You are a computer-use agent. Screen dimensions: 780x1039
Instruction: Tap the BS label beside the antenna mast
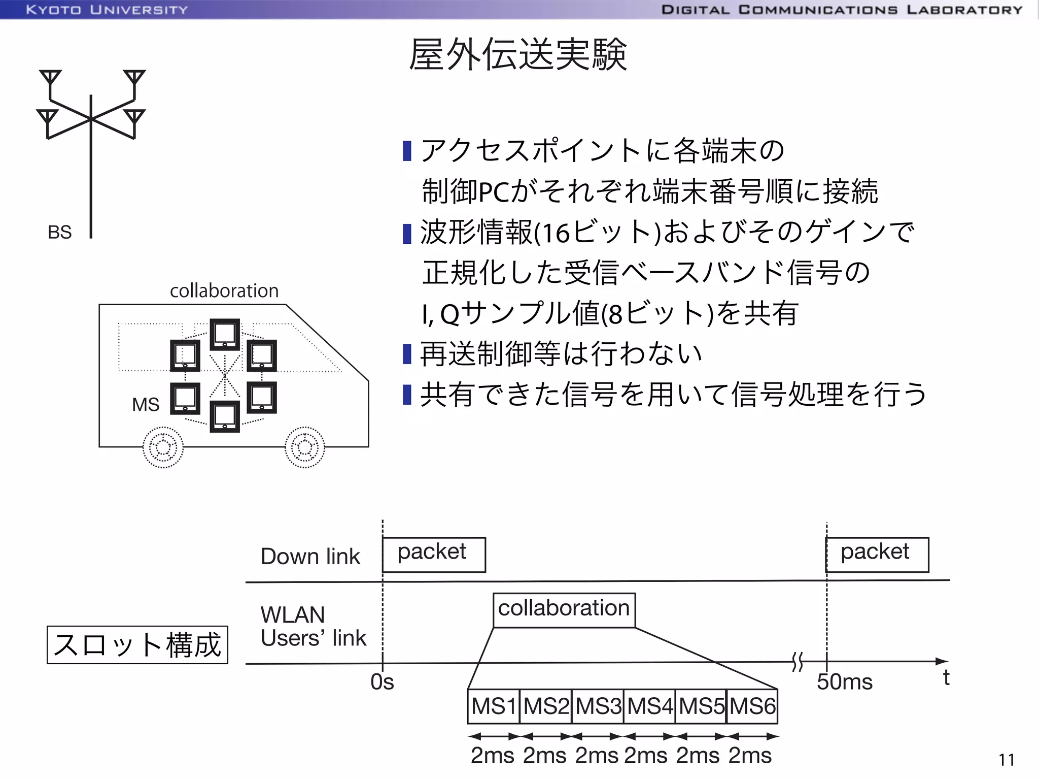[59, 232]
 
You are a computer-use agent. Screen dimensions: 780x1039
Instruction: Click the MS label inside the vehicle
[146, 405]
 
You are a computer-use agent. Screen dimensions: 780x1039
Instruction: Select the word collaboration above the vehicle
[224, 291]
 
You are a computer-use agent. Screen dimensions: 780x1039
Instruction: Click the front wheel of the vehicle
[304, 447]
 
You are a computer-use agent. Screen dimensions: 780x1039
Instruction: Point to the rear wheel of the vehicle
[163, 447]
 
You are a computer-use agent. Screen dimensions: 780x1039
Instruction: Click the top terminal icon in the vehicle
[225, 334]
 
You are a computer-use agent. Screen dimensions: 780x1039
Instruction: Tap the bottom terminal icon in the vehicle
[225, 416]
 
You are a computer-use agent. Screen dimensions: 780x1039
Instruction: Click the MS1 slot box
[493, 706]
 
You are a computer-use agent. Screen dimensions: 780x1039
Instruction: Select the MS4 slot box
[649, 706]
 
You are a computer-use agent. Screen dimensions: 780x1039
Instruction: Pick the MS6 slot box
[752, 706]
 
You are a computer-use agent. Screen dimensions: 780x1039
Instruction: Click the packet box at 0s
[433, 554]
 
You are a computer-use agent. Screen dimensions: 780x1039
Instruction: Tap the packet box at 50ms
[877, 554]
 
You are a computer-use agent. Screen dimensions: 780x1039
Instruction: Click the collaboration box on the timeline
[564, 609]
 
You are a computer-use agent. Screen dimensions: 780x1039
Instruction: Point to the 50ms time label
[844, 682]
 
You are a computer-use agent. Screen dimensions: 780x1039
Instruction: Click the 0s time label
[382, 682]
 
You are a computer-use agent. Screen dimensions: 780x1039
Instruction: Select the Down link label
[310, 557]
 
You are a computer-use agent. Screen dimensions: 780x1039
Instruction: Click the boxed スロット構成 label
[137, 645]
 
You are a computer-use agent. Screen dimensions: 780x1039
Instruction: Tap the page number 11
[1007, 760]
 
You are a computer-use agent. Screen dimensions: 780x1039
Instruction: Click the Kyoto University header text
[107, 10]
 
